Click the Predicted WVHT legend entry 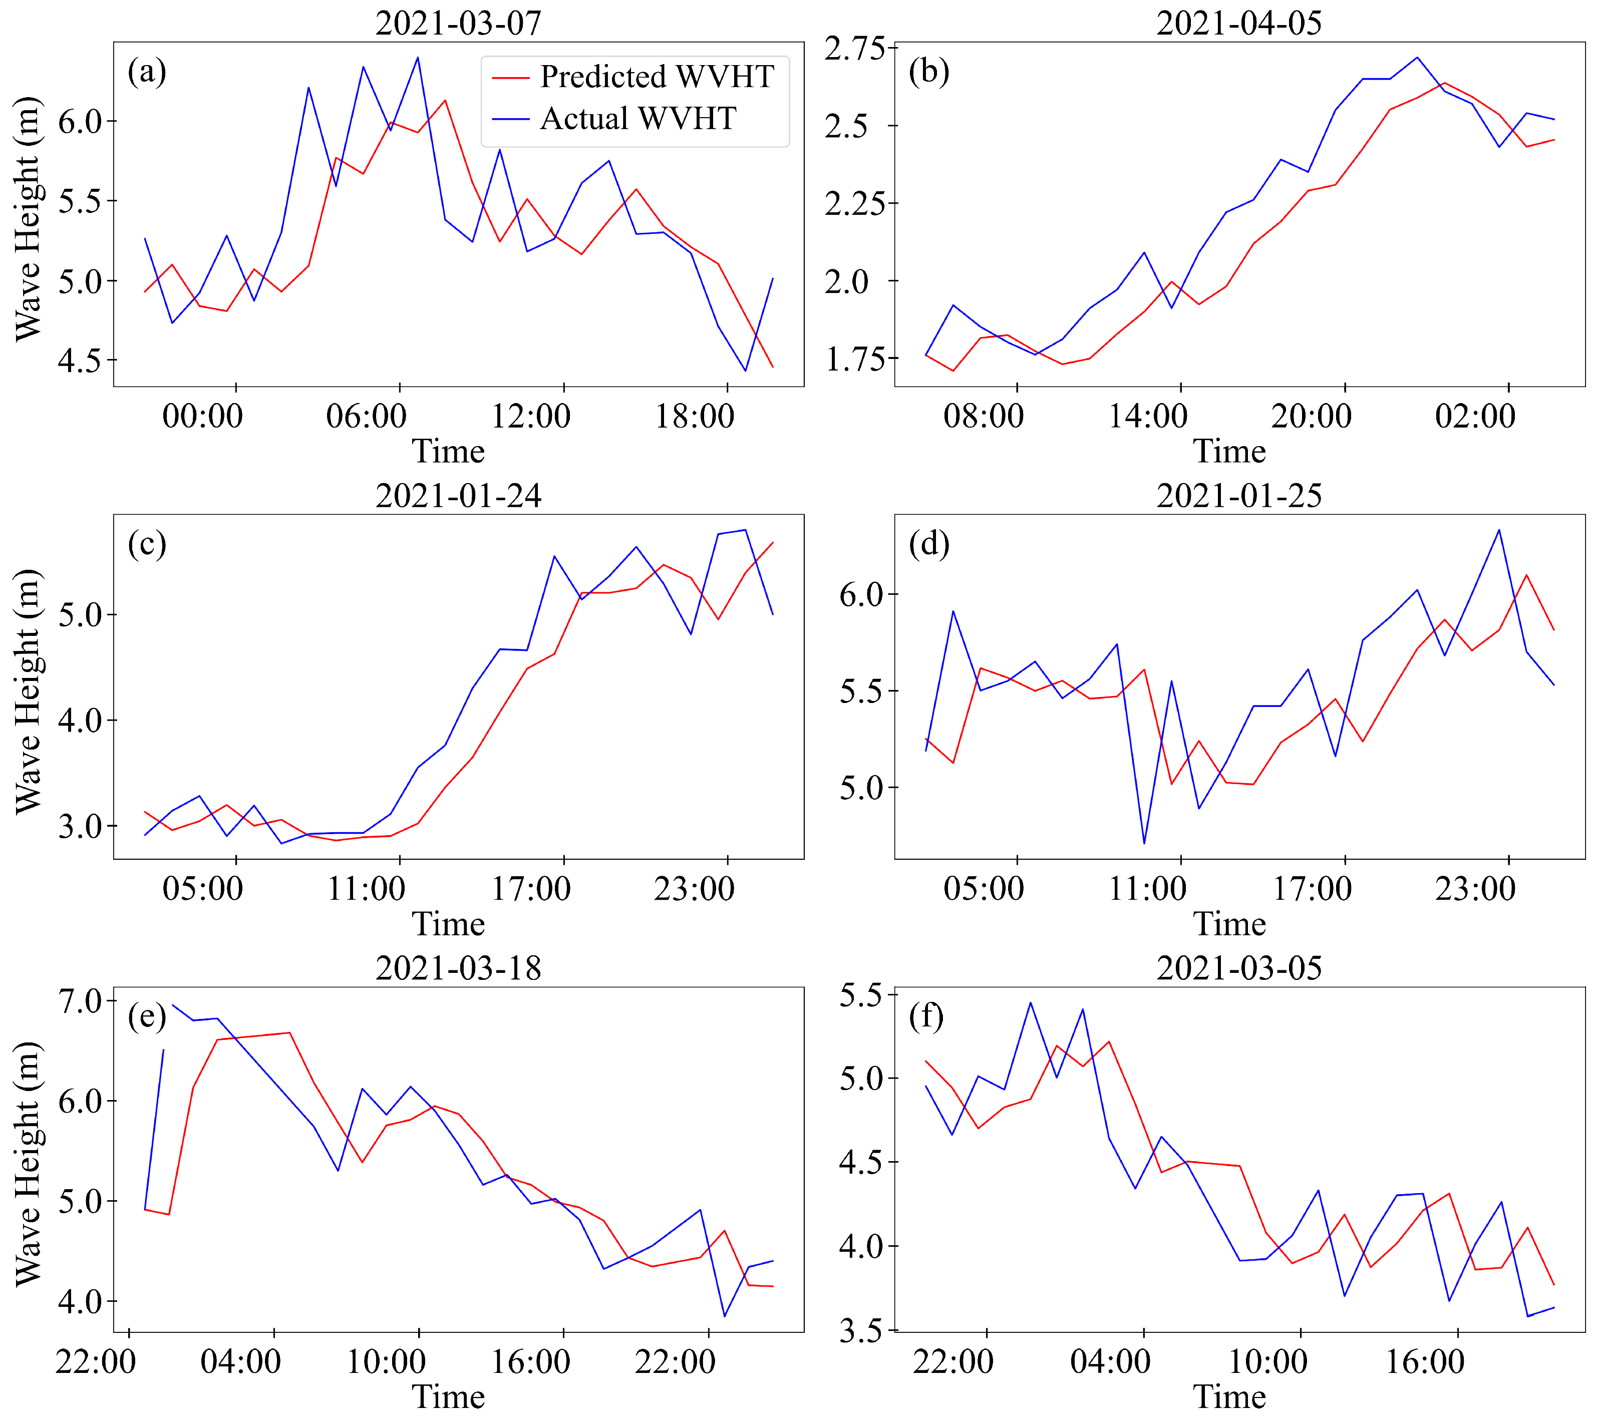tap(656, 77)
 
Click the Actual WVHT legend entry tap(637, 119)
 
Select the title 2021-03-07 tap(458, 22)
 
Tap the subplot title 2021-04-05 tap(1238, 22)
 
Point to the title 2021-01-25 tap(1238, 495)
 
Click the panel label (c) tap(147, 544)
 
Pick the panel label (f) tap(928, 1017)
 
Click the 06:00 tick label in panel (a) tap(366, 416)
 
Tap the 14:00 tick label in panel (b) tap(1148, 416)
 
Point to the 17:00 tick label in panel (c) tap(530, 889)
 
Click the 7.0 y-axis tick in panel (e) tap(81, 1001)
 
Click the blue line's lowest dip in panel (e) tap(725, 1316)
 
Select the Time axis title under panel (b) tap(1229, 451)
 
